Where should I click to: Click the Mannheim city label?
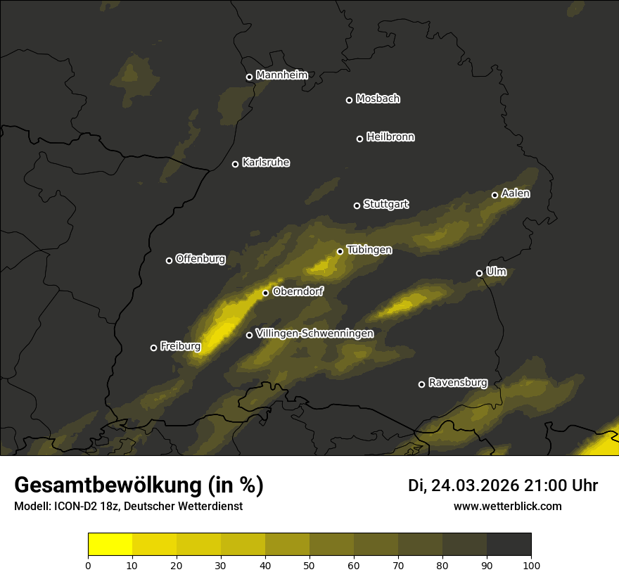[282, 75]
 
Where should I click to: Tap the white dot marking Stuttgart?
[357, 205]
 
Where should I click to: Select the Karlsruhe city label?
[266, 163]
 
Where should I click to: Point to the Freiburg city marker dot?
[153, 348]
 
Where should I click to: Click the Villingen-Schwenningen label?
[314, 334]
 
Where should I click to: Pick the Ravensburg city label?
[458, 383]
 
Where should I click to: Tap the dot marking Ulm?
[479, 273]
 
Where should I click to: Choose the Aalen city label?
[516, 193]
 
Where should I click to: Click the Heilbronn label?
[390, 137]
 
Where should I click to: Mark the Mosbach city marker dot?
[349, 100]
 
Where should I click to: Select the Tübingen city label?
[369, 250]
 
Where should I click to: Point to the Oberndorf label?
[298, 291]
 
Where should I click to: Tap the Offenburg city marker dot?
[169, 260]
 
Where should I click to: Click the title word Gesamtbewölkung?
[108, 485]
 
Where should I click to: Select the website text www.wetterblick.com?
[508, 506]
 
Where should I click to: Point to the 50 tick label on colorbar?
[309, 564]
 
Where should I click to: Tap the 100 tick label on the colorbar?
[531, 564]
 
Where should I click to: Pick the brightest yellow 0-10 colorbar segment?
[110, 545]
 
